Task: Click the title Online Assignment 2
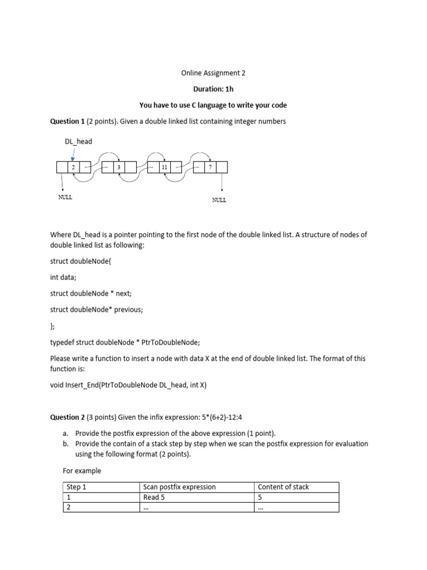213,72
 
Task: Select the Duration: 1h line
213,89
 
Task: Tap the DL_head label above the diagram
78,141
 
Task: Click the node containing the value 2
73,167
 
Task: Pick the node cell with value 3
118,167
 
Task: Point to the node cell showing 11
164,167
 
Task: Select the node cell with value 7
210,167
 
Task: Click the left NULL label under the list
65,198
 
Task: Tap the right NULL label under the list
219,200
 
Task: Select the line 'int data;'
65,277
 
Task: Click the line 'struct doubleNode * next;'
91,293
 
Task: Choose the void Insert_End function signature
128,385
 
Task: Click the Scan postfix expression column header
179,487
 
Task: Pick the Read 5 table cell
154,497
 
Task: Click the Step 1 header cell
77,487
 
